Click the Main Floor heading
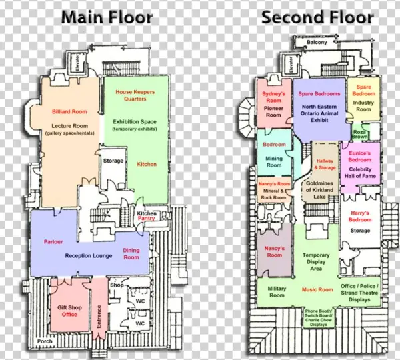pyautogui.click(x=107, y=17)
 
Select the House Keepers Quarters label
pyautogui.click(x=131, y=95)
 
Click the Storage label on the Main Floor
pyautogui.click(x=113, y=161)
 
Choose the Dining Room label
pyautogui.click(x=131, y=253)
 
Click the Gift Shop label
pyautogui.click(x=69, y=307)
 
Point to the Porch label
pyautogui.click(x=45, y=341)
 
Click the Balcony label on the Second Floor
pyautogui.click(x=317, y=43)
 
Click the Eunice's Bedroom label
pyautogui.click(x=360, y=157)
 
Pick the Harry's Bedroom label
pyautogui.click(x=360, y=216)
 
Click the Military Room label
pyautogui.click(x=277, y=291)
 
